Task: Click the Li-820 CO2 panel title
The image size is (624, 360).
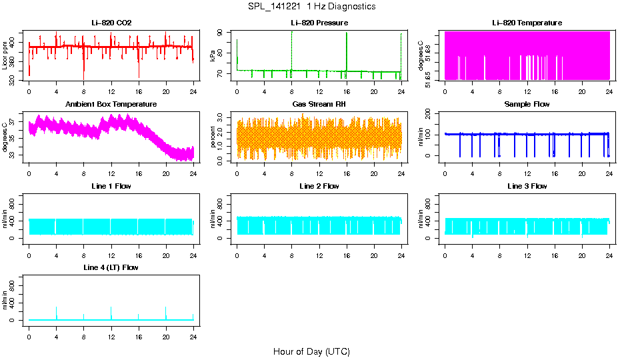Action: (x=111, y=23)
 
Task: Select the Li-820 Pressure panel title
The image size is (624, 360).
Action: (x=319, y=23)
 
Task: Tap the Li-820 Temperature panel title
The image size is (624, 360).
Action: (x=527, y=23)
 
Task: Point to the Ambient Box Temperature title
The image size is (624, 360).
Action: (x=111, y=105)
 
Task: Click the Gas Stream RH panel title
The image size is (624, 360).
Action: (x=319, y=105)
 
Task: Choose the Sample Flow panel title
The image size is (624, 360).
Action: (x=527, y=105)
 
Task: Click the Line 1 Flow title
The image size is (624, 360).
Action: (x=111, y=186)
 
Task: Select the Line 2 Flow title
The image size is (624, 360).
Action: (x=319, y=186)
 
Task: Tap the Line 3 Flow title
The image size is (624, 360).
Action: (x=527, y=186)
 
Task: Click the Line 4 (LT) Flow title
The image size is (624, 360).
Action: (x=111, y=267)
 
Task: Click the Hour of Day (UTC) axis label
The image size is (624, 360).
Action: (x=311, y=351)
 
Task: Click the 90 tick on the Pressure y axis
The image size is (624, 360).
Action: (x=223, y=32)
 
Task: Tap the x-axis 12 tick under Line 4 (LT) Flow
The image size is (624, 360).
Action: (x=111, y=331)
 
